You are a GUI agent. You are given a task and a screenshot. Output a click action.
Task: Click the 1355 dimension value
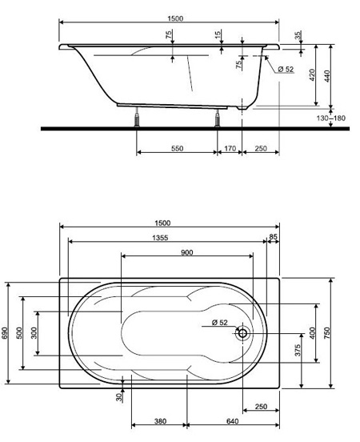[160, 238]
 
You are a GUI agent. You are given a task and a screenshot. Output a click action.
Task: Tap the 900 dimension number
[187, 252]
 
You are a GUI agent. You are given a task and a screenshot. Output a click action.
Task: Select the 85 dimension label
[273, 237]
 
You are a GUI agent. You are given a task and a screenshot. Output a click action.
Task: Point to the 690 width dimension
[4, 333]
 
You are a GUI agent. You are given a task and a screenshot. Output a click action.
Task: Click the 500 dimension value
[19, 333]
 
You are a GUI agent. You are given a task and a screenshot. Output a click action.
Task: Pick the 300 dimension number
[34, 333]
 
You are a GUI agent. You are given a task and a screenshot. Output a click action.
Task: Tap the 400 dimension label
[312, 333]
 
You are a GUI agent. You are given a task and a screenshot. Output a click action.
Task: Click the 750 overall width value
[326, 333]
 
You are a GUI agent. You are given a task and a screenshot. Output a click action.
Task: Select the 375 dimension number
[298, 350]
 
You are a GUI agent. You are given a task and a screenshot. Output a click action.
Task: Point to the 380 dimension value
[160, 421]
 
